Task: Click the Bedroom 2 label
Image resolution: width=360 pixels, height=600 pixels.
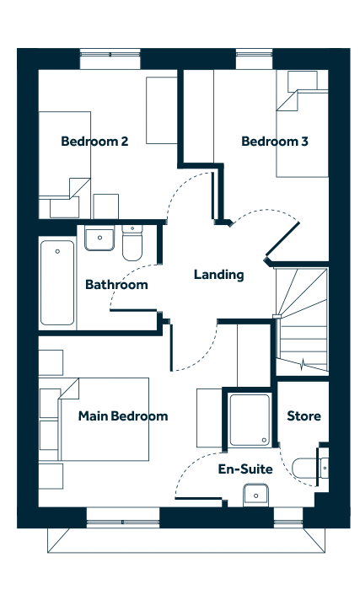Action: (94, 142)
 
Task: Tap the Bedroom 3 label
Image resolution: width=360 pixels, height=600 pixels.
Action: (275, 142)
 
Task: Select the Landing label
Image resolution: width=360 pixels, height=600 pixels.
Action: (218, 275)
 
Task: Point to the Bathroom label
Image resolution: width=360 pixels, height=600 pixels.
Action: (116, 285)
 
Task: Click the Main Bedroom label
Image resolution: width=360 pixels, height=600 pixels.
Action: (123, 416)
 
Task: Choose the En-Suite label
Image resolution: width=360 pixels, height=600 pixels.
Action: (245, 469)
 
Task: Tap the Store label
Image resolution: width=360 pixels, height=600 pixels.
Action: (304, 416)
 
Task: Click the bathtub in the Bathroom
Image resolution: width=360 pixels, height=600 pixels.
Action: (57, 283)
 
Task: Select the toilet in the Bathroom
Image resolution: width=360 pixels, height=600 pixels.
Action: (132, 243)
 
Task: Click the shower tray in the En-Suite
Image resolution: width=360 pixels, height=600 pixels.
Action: (250, 421)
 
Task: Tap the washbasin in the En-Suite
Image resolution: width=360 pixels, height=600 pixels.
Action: (255, 495)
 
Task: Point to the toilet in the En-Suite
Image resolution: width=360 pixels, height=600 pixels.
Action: (310, 468)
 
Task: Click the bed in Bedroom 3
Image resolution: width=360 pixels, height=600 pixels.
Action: (303, 133)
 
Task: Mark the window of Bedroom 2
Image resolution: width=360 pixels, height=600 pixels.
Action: (110, 59)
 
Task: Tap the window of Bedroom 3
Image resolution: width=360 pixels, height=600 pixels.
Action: (255, 59)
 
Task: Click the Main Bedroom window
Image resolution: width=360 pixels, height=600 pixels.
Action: (123, 517)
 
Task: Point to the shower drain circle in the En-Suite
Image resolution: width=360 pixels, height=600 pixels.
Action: (264, 440)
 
